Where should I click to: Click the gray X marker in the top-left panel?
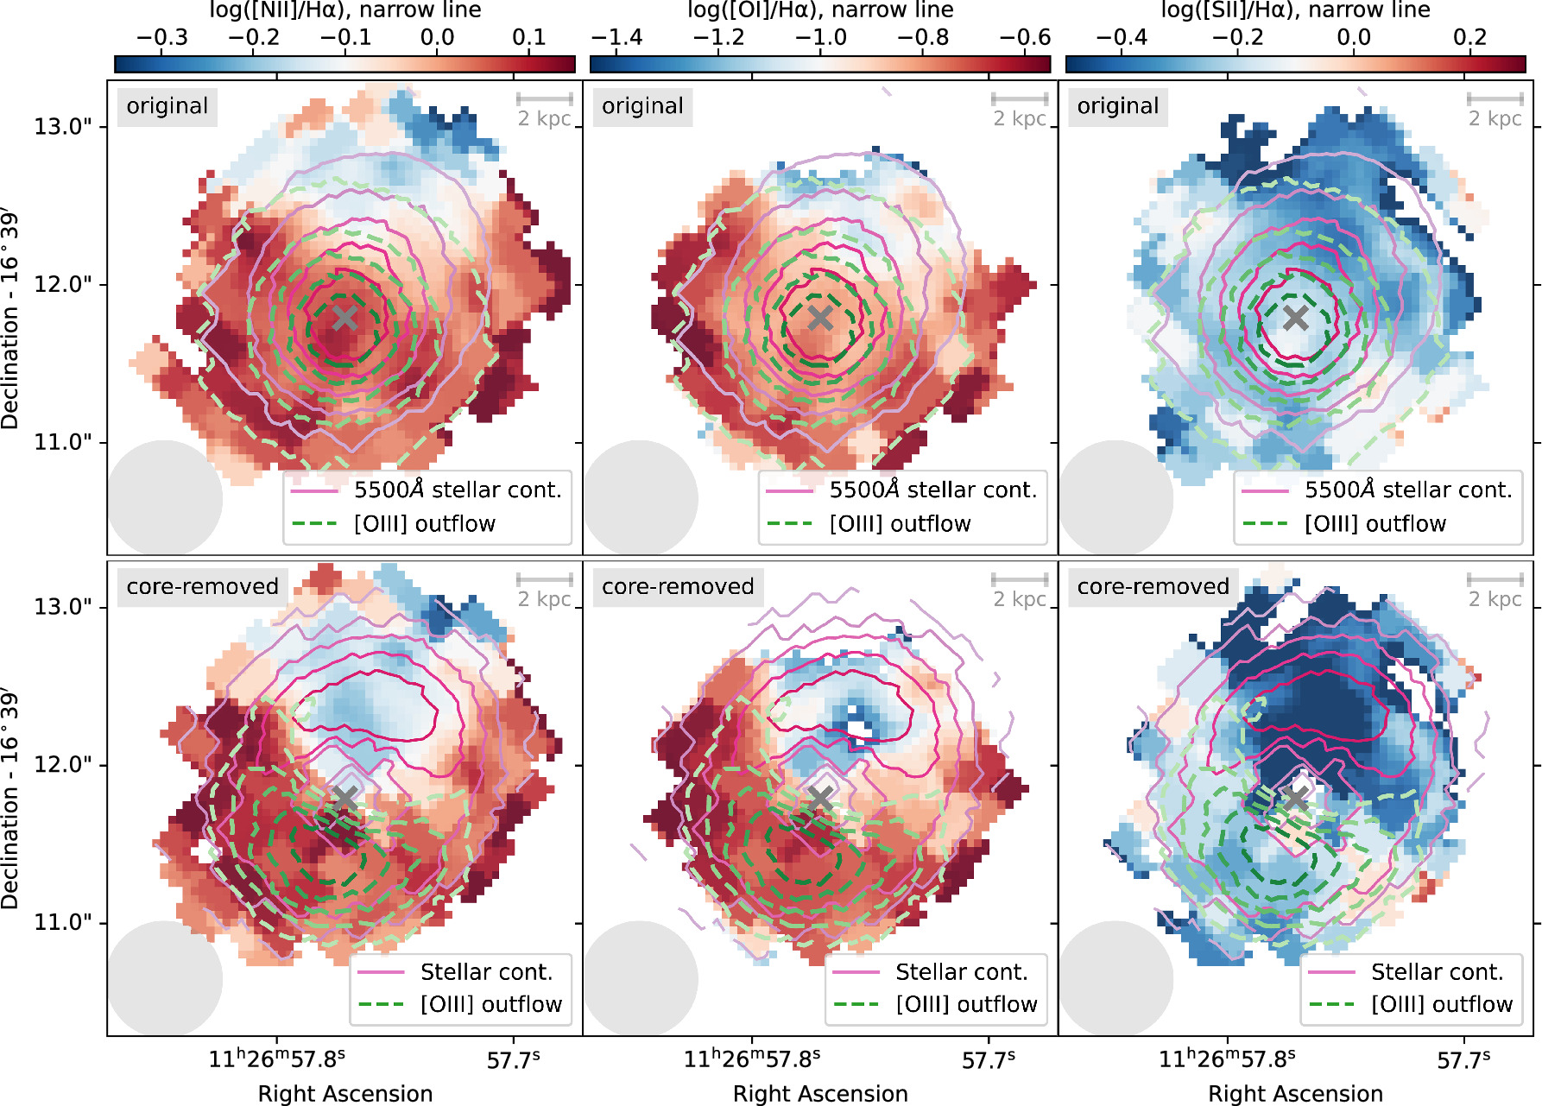[344, 318]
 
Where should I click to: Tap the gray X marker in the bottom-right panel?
[1295, 799]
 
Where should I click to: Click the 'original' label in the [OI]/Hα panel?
[642, 106]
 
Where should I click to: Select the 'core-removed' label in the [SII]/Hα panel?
[1153, 587]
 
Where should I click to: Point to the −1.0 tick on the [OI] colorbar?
[820, 37]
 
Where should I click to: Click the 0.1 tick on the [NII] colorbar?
[528, 37]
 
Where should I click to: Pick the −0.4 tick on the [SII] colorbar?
[1121, 37]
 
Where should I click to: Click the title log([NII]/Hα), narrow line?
[345, 10]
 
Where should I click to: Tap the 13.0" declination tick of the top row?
[62, 127]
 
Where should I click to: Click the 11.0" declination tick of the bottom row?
[62, 923]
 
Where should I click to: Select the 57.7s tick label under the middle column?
[989, 1059]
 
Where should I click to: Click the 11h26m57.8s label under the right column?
[1227, 1059]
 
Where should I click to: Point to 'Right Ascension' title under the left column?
[345, 1093]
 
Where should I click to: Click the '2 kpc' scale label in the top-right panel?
[1495, 118]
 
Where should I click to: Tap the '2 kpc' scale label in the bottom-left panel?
[544, 599]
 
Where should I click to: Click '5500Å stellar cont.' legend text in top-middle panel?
[932, 490]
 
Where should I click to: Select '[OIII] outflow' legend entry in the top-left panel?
[425, 524]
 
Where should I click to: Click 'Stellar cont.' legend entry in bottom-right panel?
[1437, 972]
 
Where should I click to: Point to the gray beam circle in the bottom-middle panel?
[640, 978]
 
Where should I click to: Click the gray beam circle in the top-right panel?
[1115, 498]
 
